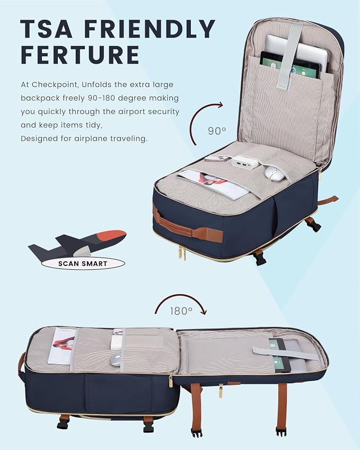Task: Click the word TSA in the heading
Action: coord(46,29)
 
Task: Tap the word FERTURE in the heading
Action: coord(80,55)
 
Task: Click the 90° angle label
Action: coord(217,131)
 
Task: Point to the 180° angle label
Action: coord(181,311)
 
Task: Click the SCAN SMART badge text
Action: coord(83,264)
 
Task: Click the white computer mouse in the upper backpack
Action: coord(275,173)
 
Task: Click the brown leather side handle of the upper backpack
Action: coord(187,226)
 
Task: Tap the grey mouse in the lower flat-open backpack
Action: coord(116,360)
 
